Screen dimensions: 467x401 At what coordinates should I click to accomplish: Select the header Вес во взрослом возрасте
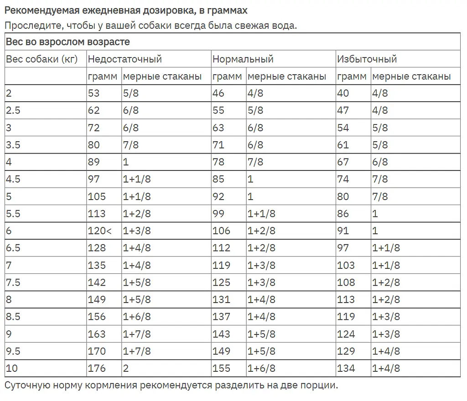point(68,42)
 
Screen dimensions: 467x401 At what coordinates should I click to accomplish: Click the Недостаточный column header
point(125,59)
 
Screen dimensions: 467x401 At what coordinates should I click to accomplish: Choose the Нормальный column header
point(243,59)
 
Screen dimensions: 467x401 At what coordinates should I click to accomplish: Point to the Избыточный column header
point(367,59)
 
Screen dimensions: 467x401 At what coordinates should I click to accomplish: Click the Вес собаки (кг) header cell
point(42,59)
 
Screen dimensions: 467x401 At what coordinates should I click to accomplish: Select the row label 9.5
point(13,351)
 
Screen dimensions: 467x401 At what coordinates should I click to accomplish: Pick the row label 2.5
point(13,110)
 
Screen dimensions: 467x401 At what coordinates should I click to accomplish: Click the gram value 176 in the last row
point(97,368)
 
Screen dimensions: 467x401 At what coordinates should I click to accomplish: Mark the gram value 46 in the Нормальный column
point(218,93)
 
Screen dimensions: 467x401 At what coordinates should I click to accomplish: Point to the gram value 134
point(346,368)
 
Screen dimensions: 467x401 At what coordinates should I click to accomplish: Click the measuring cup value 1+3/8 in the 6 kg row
point(137,231)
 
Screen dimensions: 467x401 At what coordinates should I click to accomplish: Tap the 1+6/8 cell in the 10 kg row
point(261,368)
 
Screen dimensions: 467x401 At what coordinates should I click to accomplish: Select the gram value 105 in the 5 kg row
point(97,197)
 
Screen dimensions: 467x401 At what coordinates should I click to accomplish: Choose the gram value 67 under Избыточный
point(343,162)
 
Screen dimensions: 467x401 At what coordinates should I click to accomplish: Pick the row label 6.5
point(13,248)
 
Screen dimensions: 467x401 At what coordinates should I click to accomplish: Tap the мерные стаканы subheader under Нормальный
point(287,77)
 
